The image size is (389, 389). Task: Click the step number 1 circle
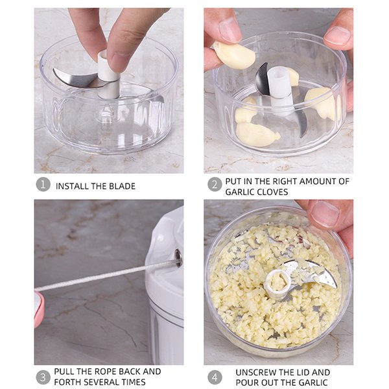pos(43,184)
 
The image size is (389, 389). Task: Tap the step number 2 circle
pos(215,184)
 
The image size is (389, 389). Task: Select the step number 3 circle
pos(43,377)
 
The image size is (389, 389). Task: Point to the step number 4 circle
pos(215,377)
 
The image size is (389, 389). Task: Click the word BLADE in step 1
pos(123,186)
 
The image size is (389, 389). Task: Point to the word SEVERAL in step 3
pos(101,382)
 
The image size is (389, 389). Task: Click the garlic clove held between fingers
pos(234,55)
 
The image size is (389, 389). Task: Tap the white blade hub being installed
pos(108,75)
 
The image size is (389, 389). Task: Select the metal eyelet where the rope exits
pos(178,258)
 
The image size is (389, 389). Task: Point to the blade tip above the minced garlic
pos(335,285)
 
